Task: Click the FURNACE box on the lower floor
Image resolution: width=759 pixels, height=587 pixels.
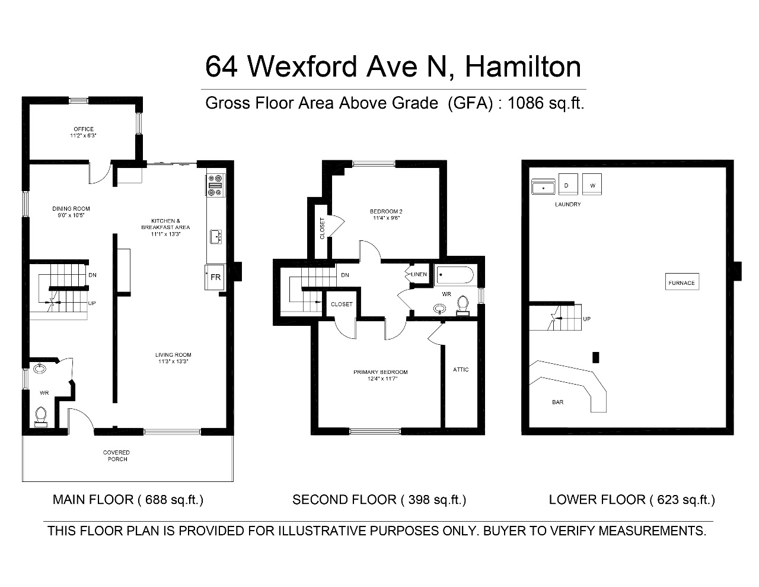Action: (682, 281)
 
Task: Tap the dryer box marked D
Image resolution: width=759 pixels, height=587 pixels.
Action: (568, 184)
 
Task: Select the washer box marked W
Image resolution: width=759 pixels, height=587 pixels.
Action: (592, 184)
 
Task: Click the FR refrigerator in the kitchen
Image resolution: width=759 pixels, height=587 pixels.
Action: (215, 277)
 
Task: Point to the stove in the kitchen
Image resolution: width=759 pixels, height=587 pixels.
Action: (215, 185)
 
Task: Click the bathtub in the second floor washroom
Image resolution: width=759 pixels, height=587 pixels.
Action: (455, 275)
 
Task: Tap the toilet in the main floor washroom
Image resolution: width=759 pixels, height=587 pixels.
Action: (41, 416)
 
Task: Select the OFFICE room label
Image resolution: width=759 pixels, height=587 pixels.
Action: (84, 129)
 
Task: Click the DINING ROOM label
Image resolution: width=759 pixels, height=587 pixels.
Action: (71, 209)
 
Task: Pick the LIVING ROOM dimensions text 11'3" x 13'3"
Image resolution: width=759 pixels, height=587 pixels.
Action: (173, 361)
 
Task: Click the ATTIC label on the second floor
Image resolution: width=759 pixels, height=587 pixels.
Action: (461, 370)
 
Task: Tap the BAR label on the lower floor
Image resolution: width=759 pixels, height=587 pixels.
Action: (558, 402)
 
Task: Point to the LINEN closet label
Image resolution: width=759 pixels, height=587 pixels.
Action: (419, 274)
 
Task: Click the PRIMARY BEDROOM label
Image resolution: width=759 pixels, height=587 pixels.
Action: (380, 372)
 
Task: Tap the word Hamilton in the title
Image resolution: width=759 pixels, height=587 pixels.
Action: (523, 67)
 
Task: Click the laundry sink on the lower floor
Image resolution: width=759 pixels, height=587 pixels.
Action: (543, 187)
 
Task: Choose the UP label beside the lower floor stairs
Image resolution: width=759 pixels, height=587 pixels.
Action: (587, 319)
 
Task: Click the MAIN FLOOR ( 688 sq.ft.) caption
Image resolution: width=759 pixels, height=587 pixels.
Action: (128, 500)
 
